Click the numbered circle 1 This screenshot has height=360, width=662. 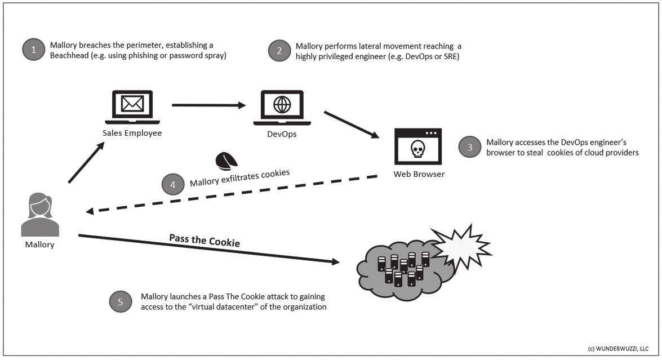(x=33, y=50)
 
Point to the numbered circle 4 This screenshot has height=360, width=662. (x=172, y=184)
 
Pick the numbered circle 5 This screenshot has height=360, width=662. (x=120, y=302)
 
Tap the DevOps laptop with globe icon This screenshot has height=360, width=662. (x=282, y=108)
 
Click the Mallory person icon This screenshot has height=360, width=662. (x=39, y=215)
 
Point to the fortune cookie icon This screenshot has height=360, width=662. (x=227, y=161)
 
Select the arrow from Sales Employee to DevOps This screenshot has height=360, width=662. (x=210, y=105)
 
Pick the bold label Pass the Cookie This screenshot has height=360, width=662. (x=205, y=240)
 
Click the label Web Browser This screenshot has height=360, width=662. (x=419, y=174)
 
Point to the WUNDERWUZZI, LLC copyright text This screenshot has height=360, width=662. (x=617, y=349)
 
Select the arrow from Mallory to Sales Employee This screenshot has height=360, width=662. (x=86, y=163)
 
